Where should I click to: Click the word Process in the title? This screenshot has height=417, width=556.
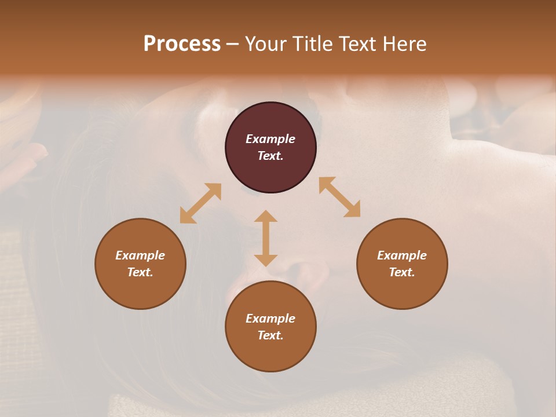[182, 44]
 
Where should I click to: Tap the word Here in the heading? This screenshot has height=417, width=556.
[403, 44]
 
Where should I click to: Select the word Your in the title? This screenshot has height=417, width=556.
[266, 44]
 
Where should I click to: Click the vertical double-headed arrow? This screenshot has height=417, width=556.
[266, 238]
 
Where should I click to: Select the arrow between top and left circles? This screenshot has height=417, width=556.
[200, 203]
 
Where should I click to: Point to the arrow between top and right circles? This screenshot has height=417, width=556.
[340, 197]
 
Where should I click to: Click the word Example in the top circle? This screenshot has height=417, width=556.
[270, 139]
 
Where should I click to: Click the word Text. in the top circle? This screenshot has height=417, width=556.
[270, 156]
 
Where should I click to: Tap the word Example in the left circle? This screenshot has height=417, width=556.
[140, 255]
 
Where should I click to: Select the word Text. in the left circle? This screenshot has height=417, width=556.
[140, 272]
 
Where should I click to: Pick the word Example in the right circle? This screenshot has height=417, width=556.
[402, 255]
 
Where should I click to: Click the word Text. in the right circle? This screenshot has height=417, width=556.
[402, 272]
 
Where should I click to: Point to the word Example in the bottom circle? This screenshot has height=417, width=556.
[270, 319]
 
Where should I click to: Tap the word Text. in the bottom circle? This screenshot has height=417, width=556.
[270, 335]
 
